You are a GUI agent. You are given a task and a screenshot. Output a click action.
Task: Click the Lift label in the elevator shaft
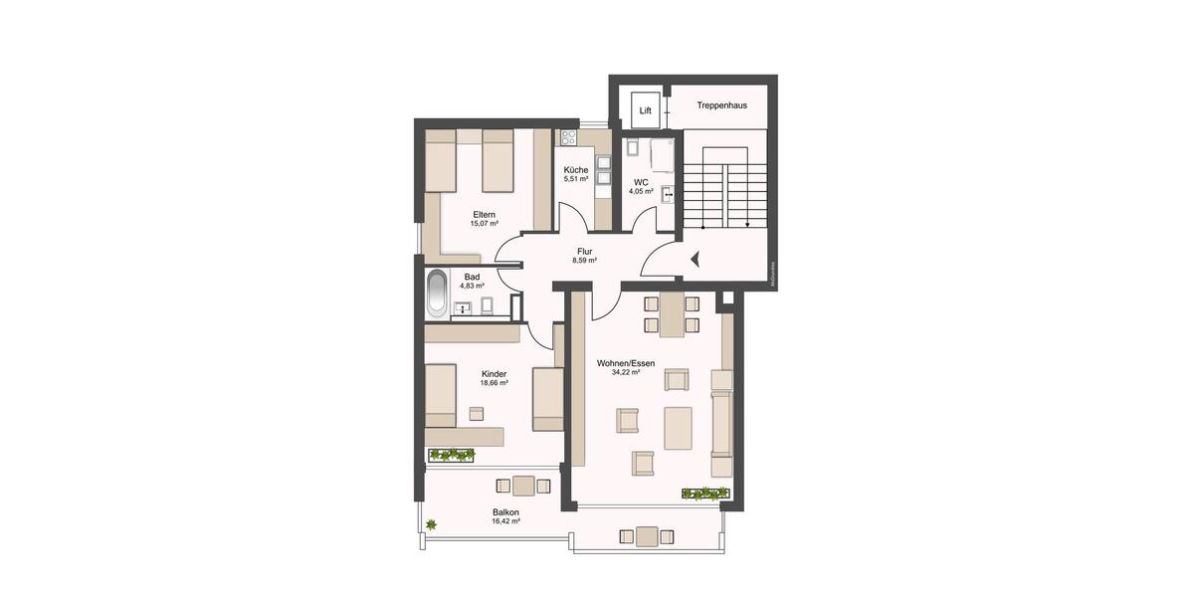646,111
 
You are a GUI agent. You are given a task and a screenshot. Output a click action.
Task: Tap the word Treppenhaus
721,104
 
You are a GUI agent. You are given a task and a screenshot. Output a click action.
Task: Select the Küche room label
576,170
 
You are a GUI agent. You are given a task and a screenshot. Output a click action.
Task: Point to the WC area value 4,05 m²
641,191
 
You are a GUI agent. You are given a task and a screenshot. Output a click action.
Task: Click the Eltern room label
485,215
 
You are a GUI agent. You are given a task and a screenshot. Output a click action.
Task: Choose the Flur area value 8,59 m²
584,261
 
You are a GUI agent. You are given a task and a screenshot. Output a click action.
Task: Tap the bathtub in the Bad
437,294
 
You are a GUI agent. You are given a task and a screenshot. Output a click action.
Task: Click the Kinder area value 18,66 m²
494,383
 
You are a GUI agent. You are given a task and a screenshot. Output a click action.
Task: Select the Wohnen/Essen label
626,364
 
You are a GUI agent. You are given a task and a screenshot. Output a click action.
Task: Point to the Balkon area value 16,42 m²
505,521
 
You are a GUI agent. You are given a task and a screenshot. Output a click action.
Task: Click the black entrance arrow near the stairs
696,260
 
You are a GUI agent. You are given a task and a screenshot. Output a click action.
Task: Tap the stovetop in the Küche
569,138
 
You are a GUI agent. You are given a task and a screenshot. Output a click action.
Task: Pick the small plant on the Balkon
432,524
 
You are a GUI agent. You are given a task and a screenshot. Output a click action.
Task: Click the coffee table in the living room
679,428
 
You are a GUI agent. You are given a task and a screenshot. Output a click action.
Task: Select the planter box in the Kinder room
451,455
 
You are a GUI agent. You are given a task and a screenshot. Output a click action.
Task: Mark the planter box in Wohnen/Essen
705,493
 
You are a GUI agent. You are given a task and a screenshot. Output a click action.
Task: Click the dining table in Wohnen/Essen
672,314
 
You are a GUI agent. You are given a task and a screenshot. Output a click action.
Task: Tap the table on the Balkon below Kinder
524,487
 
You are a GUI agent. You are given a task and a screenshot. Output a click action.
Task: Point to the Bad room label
472,277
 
